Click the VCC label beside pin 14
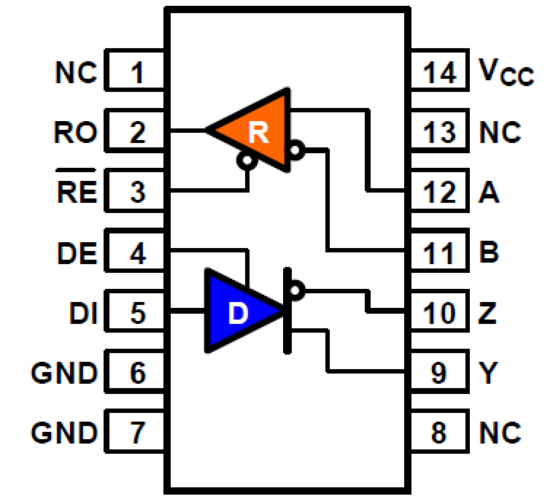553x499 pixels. click(505, 72)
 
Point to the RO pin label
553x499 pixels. click(76, 132)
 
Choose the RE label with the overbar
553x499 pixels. click(77, 191)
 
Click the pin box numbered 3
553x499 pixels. click(136, 192)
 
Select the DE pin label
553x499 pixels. click(77, 253)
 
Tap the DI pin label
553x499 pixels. click(83, 313)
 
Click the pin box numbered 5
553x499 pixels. click(136, 313)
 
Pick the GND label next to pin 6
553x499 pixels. click(64, 373)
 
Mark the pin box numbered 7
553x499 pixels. click(136, 432)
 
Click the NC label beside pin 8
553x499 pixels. click(500, 432)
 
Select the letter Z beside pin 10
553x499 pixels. click(487, 313)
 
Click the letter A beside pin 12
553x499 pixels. click(489, 192)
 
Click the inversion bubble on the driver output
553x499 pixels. click(297, 290)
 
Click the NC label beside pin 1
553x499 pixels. click(76, 72)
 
